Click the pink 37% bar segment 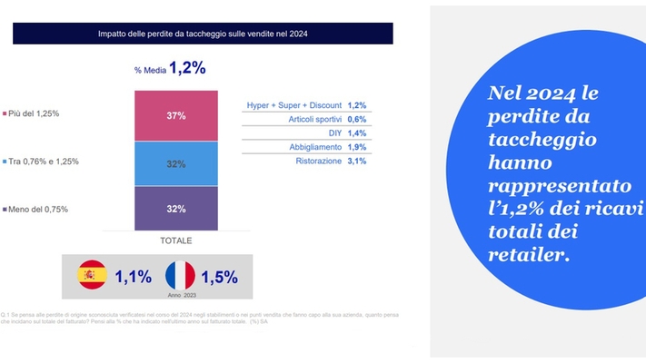click(x=176, y=115)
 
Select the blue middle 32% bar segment click(x=176, y=163)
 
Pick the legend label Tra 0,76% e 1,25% click(x=45, y=162)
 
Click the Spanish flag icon click(x=92, y=276)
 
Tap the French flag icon click(x=180, y=276)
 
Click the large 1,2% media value click(x=187, y=68)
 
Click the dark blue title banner click(x=203, y=34)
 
